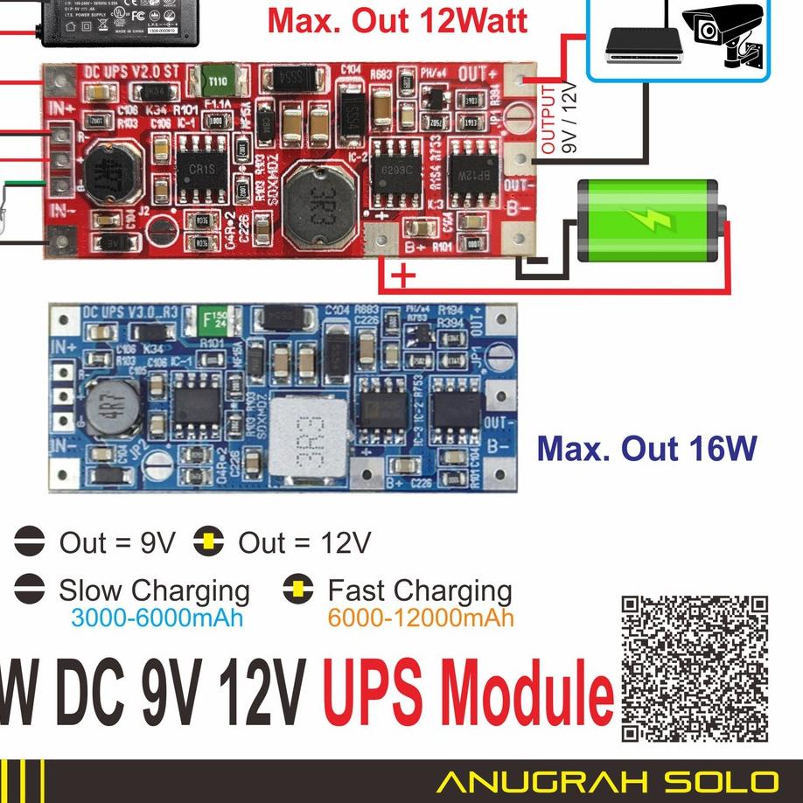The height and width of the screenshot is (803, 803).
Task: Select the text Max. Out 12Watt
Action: coord(398,21)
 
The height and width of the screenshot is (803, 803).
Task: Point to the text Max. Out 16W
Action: coord(646,449)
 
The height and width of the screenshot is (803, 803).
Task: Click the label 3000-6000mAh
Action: coord(157,618)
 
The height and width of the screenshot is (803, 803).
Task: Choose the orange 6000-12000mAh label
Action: coord(421,618)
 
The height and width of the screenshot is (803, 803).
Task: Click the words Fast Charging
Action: coord(420,590)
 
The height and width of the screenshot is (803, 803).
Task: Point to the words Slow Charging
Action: coord(154,590)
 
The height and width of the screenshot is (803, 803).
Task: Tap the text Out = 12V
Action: coord(304,543)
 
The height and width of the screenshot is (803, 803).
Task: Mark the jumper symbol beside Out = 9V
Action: coord(29,543)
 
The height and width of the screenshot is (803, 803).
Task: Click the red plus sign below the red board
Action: coord(403,278)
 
